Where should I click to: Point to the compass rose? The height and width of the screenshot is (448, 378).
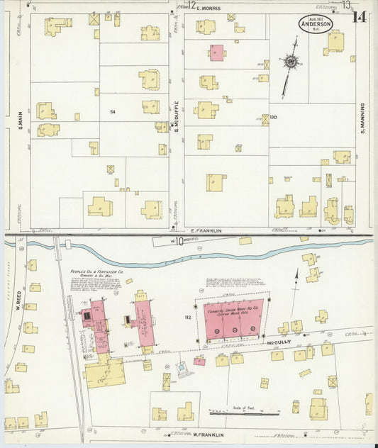click(290, 63)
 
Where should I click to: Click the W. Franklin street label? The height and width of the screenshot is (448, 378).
click(206, 434)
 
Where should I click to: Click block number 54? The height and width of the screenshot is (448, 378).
click(113, 112)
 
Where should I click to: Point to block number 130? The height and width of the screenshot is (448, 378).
click(272, 117)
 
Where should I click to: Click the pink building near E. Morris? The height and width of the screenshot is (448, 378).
click(216, 52)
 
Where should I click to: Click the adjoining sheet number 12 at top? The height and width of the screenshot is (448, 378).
click(192, 4)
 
